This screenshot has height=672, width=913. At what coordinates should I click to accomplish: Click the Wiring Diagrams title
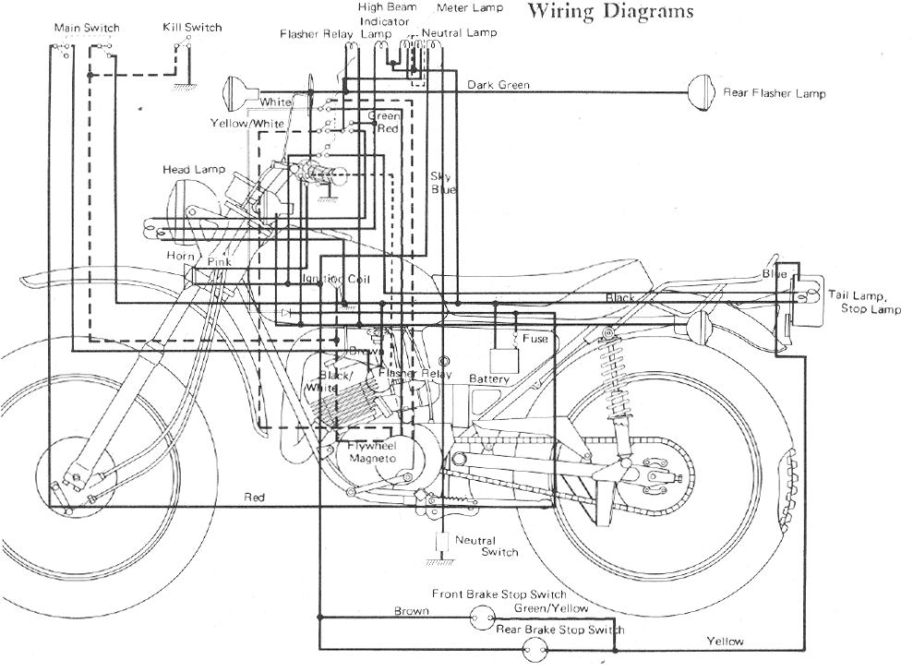tap(609, 12)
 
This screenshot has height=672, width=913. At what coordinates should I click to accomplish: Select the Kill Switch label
tap(192, 28)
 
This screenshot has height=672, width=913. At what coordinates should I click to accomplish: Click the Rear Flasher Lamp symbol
tap(703, 92)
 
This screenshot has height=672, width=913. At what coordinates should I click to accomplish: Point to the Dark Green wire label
tap(499, 85)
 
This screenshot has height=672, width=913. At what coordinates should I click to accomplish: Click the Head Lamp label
tap(189, 170)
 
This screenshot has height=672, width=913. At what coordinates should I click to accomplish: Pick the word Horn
tap(179, 255)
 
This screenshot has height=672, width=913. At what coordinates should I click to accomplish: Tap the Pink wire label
tap(219, 263)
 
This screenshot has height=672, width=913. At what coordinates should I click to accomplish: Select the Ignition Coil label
tap(333, 279)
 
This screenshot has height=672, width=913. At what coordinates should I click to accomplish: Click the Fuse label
tap(535, 339)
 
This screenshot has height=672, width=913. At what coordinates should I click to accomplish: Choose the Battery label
tap(489, 379)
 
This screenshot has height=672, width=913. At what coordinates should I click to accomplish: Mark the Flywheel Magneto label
tap(372, 452)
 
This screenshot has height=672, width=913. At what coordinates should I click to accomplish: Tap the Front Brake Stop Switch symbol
tap(480, 618)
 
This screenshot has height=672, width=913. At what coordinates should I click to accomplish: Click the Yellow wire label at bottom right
tap(725, 641)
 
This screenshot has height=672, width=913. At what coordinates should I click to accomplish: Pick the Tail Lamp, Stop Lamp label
tap(863, 303)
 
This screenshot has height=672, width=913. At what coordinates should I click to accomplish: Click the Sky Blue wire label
tap(443, 183)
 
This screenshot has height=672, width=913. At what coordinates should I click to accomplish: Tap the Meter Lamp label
tap(470, 8)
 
